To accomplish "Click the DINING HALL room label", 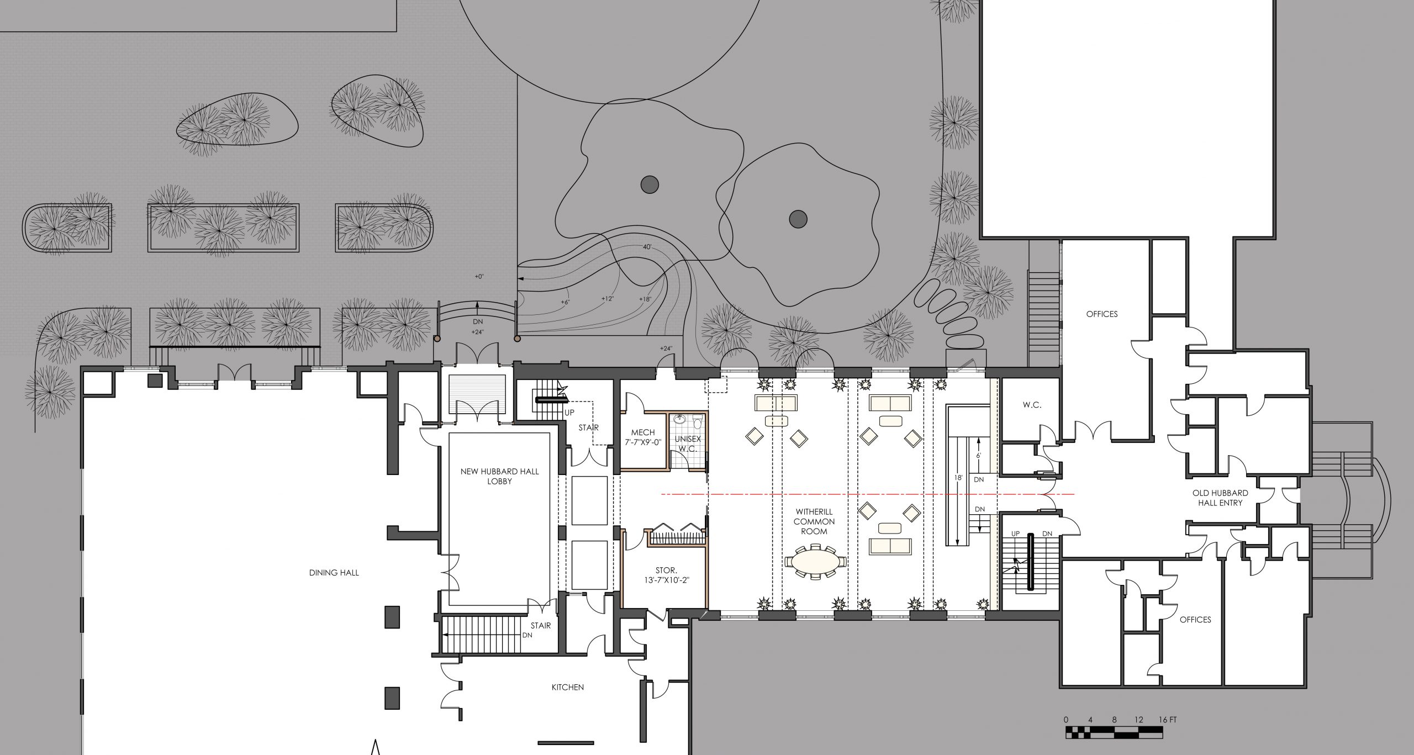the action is [x=334, y=573].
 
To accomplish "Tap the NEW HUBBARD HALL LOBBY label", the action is [x=500, y=476].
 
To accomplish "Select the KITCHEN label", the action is [x=567, y=688].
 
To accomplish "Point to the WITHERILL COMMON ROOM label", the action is [x=814, y=521].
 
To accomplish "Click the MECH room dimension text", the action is [x=643, y=442].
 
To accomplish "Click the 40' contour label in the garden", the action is [x=647, y=246].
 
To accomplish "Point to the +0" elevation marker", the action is [x=479, y=276].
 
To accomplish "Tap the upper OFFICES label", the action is [x=1102, y=314].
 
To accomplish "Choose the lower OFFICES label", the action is [x=1195, y=620].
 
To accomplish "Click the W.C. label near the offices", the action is [x=1032, y=405].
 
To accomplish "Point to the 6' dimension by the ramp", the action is [x=979, y=456].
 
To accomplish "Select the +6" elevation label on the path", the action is [x=565, y=302].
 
